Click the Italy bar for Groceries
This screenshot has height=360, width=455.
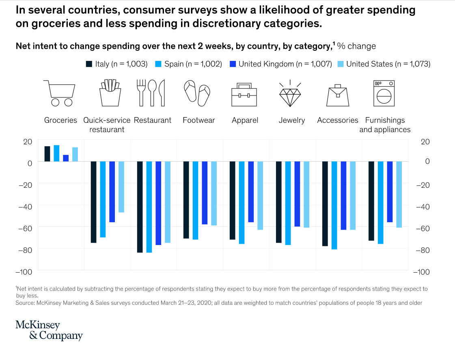tap(47, 154)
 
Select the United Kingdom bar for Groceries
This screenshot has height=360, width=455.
tap(66, 158)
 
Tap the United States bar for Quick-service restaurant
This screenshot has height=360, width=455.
tap(121, 187)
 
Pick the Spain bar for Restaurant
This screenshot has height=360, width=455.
tap(149, 207)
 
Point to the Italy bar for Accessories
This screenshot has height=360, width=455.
tap(325, 204)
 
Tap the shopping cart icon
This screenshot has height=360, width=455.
tap(60, 93)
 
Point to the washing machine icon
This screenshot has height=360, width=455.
tap(384, 93)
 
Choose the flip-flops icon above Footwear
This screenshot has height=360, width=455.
tap(197, 93)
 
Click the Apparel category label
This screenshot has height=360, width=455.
tap(245, 120)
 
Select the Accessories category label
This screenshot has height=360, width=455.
tap(337, 120)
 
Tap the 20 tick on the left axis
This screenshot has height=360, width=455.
tap(27, 142)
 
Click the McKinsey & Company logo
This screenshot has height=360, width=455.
tap(49, 330)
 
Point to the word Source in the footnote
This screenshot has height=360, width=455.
tap(25, 303)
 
